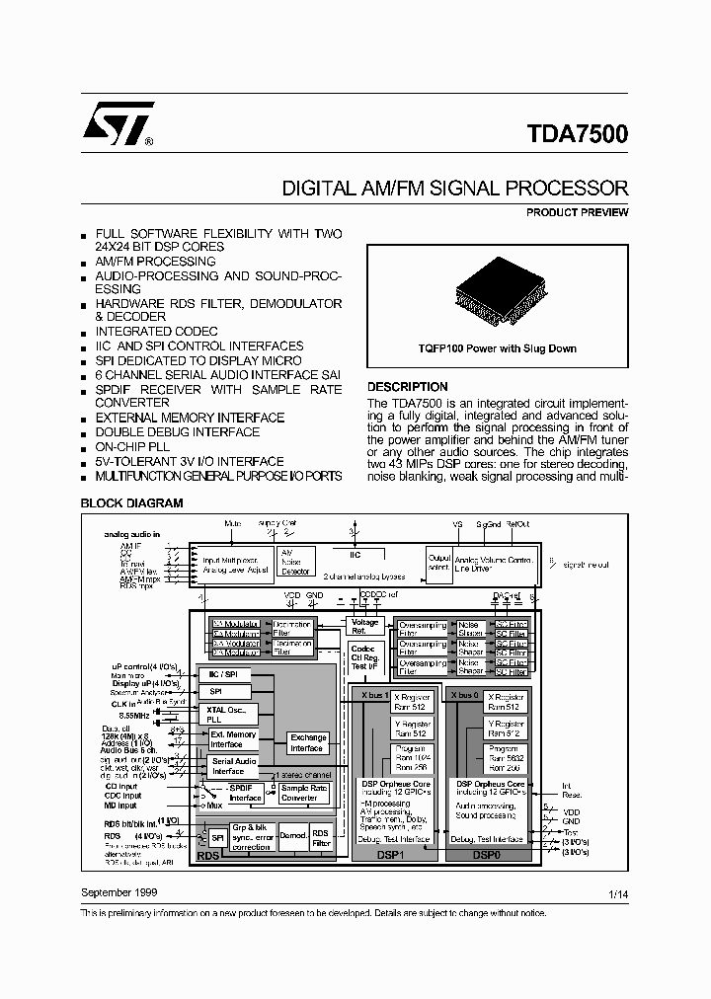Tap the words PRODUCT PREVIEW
coord(577,212)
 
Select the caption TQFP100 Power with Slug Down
coord(497,348)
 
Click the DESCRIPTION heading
coord(407,387)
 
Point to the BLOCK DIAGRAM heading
coord(131,502)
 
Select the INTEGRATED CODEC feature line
coord(156,332)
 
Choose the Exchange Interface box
coord(308,742)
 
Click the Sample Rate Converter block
coord(305,793)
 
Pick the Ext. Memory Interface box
coord(233,738)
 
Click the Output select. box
coord(439,562)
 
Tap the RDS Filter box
coord(321,837)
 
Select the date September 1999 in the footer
coord(118,891)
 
